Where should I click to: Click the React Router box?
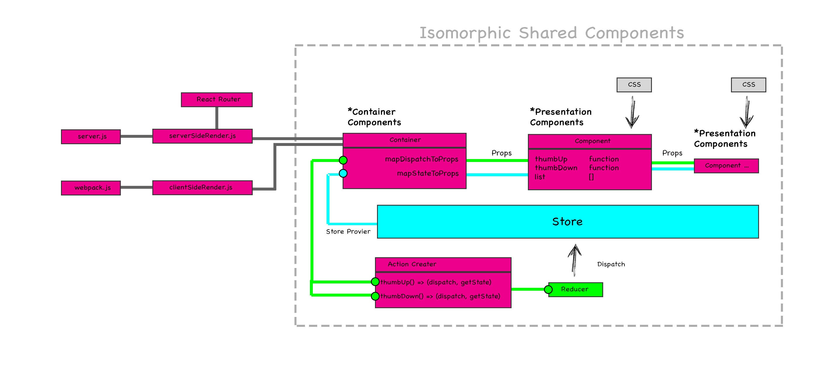[217, 100]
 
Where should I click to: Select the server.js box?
[91, 137]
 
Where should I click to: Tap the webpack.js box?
[91, 188]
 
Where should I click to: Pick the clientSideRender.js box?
[202, 188]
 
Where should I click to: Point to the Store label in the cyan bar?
[567, 222]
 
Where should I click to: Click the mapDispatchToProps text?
[422, 159]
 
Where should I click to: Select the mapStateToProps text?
[428, 174]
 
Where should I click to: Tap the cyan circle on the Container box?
[343, 174]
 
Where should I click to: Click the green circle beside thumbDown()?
[375, 296]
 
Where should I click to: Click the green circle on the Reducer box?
[548, 290]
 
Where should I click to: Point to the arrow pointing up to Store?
[575, 260]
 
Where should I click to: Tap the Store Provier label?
[348, 232]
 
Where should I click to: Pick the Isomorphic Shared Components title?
[552, 33]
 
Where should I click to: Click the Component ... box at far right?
[726, 166]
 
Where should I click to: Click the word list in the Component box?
[540, 177]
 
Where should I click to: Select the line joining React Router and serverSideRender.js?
[217, 118]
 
